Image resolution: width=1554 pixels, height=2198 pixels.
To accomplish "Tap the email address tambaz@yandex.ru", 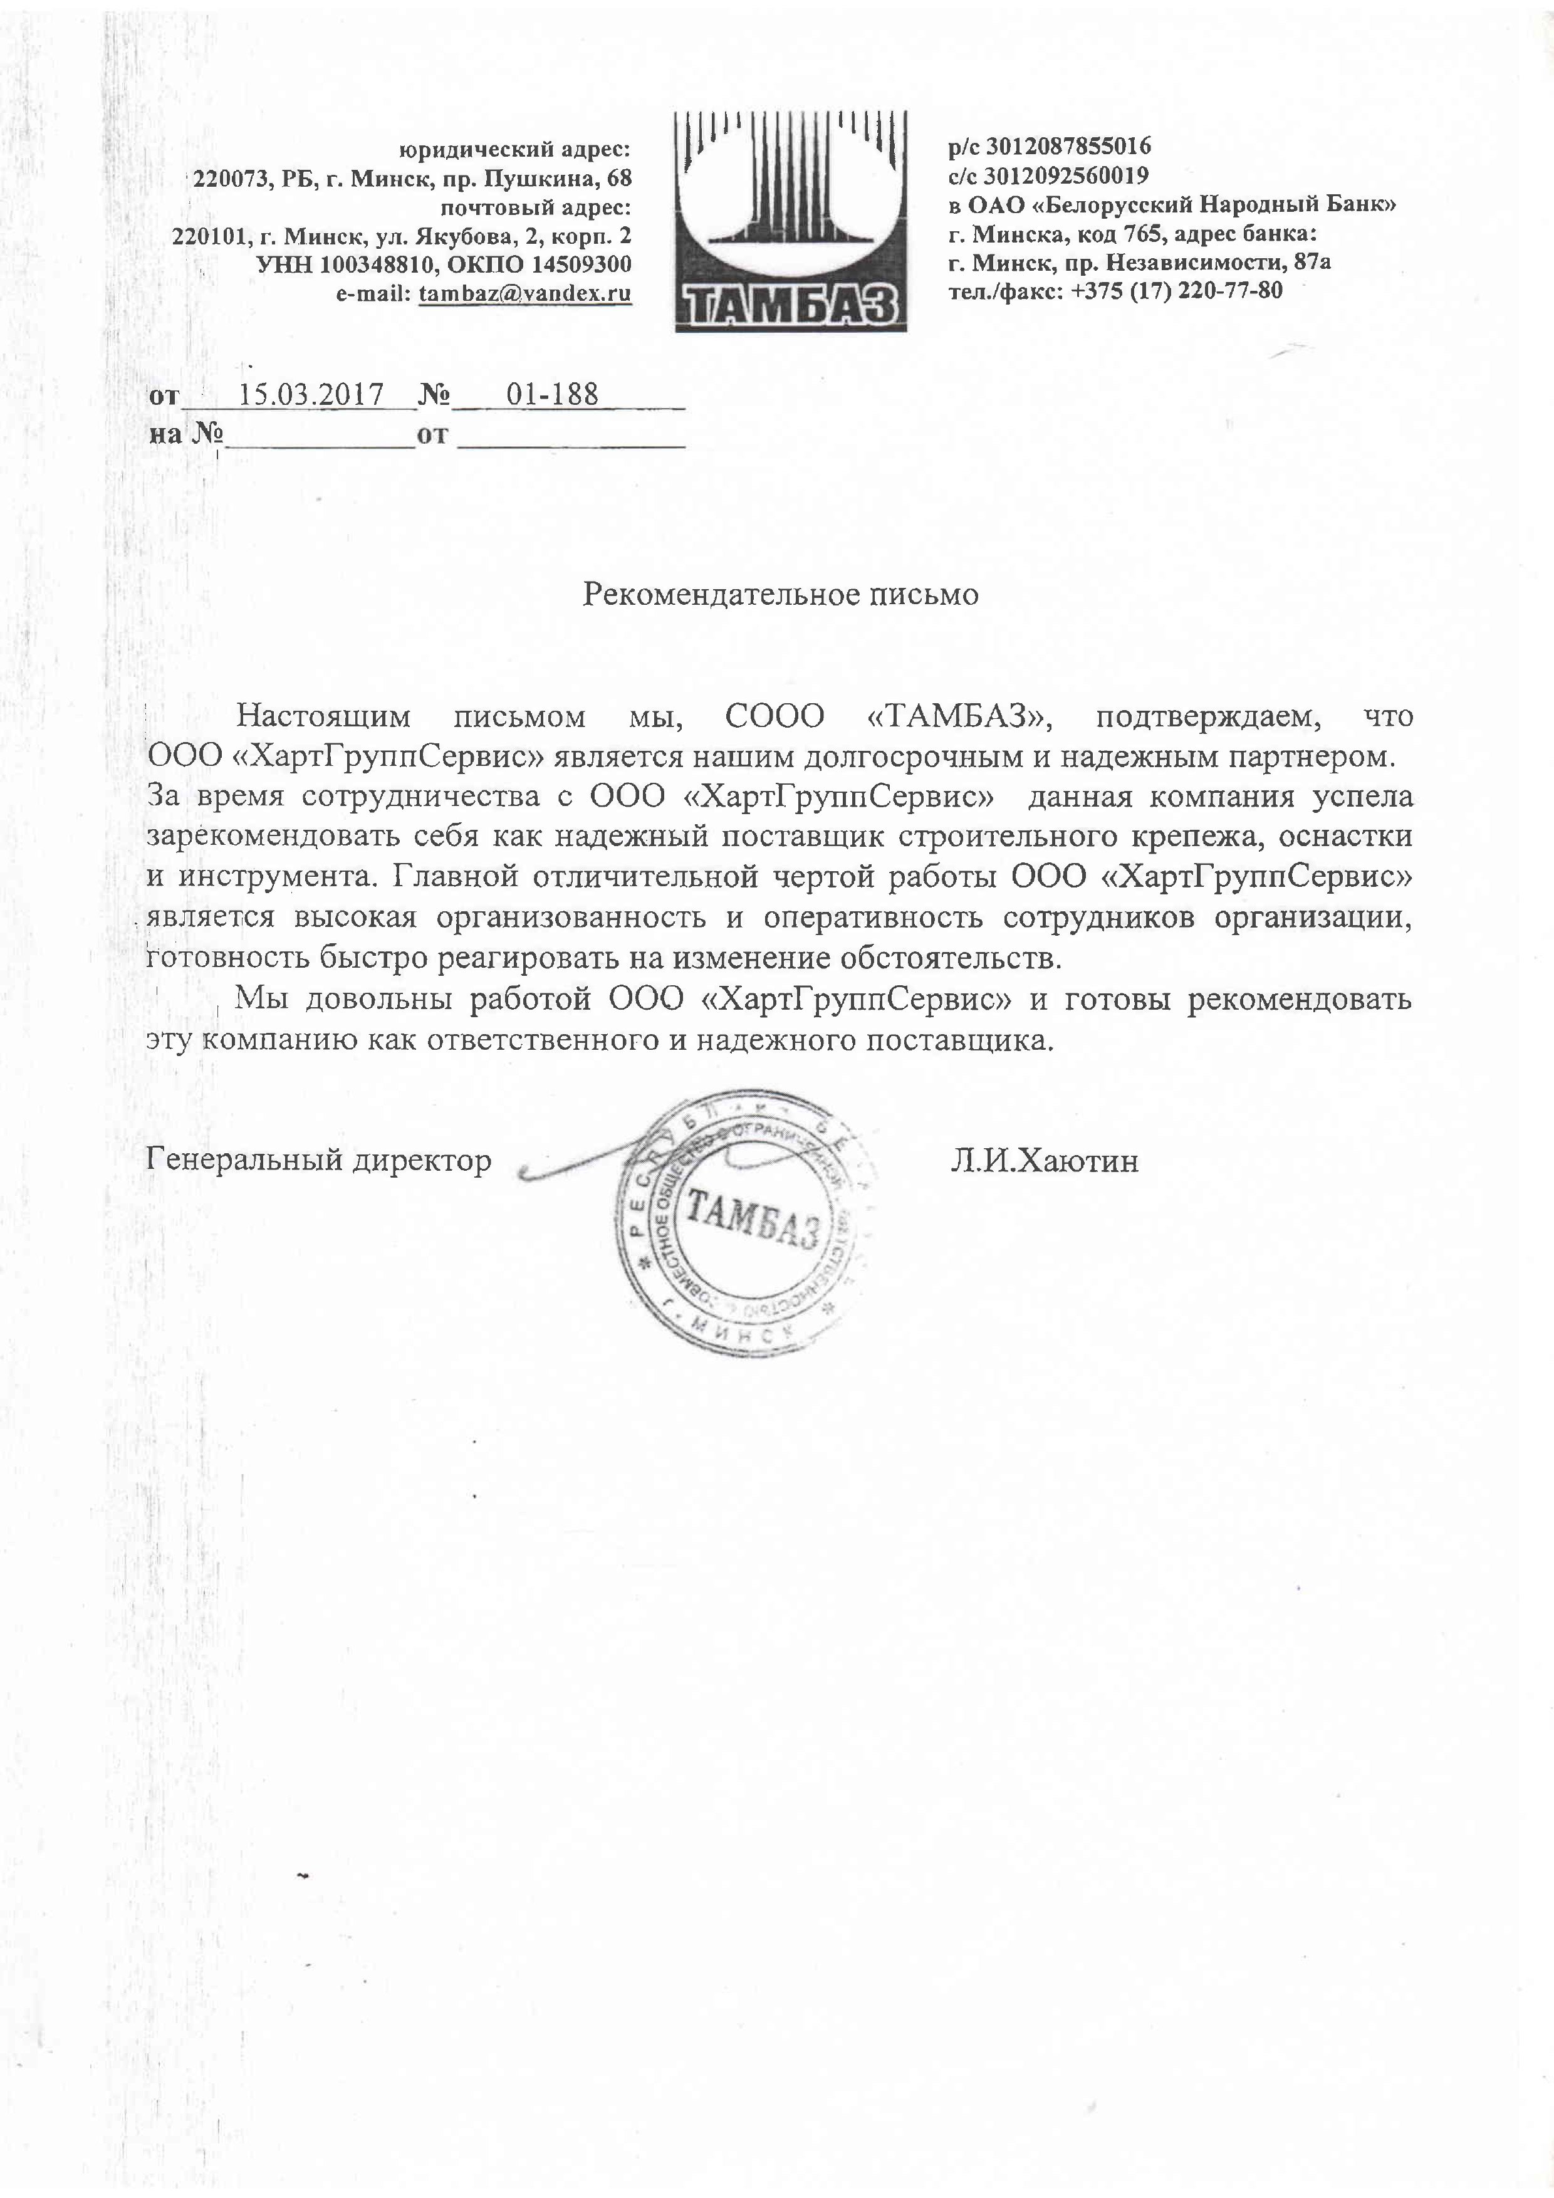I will pyautogui.click(x=525, y=294).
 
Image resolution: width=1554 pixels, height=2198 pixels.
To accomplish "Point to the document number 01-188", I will pyautogui.click(x=552, y=394).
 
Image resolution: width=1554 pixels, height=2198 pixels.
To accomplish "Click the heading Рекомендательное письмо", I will pyautogui.click(x=781, y=595).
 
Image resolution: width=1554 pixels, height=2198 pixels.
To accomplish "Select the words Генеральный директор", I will pyautogui.click(x=319, y=1160).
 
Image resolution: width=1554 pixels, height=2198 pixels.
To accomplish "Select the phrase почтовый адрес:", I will pyautogui.click(x=535, y=207).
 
